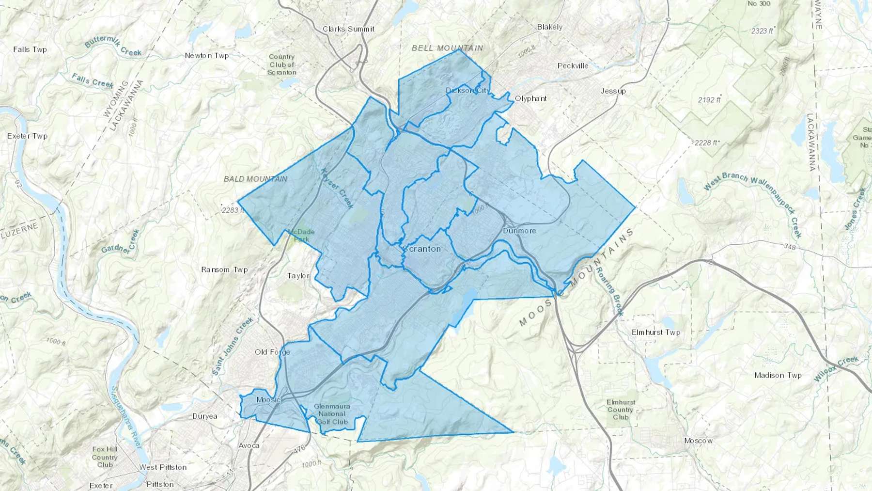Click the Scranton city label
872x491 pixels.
click(x=422, y=249)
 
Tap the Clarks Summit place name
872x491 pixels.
click(x=348, y=29)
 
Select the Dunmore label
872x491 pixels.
click(x=519, y=231)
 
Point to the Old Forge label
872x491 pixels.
click(x=272, y=352)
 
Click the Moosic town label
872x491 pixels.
click(x=268, y=400)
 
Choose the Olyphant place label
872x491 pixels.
click(x=530, y=98)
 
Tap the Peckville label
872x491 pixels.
click(x=573, y=66)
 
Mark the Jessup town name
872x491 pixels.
click(x=613, y=91)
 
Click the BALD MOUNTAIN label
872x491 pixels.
click(x=255, y=179)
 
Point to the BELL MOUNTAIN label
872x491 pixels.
click(x=447, y=48)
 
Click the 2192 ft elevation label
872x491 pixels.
click(x=709, y=100)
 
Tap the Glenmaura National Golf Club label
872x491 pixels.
click(x=332, y=414)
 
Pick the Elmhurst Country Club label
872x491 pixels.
click(x=620, y=410)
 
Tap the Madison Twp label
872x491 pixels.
click(x=778, y=375)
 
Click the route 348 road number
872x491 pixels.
click(x=789, y=247)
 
